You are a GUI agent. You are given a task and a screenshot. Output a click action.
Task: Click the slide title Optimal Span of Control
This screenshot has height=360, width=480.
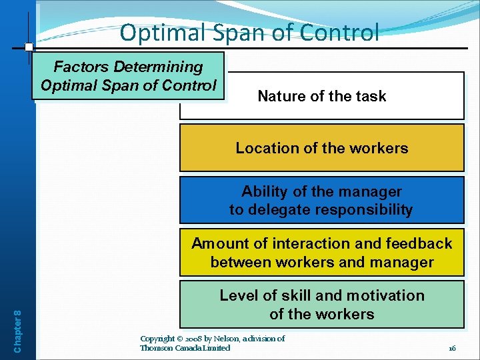pyautogui.click(x=249, y=32)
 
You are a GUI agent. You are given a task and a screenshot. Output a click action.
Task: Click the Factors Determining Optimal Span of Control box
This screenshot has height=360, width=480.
pyautogui.click(x=129, y=76)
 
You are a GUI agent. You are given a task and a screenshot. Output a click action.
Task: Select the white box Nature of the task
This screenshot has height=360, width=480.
pyautogui.click(x=321, y=96)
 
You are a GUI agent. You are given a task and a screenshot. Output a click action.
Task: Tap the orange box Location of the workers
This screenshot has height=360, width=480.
pyautogui.click(x=321, y=148)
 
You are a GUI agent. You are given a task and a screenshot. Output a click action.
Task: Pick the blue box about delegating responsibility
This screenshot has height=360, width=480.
pyautogui.click(x=321, y=200)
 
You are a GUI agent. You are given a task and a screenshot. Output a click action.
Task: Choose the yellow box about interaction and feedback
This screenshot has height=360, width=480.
pyautogui.click(x=321, y=253)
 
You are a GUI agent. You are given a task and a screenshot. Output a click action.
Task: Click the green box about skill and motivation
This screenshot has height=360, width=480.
pyautogui.click(x=321, y=305)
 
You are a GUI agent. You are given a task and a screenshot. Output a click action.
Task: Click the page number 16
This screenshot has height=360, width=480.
pyautogui.click(x=452, y=348)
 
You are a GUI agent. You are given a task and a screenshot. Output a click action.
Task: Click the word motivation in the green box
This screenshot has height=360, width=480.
pyautogui.click(x=387, y=295)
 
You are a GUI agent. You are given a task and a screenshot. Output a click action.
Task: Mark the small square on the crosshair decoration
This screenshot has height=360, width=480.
pyautogui.click(x=29, y=47)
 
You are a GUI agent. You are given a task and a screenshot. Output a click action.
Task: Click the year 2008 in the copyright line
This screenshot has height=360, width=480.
pyautogui.click(x=199, y=339)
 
